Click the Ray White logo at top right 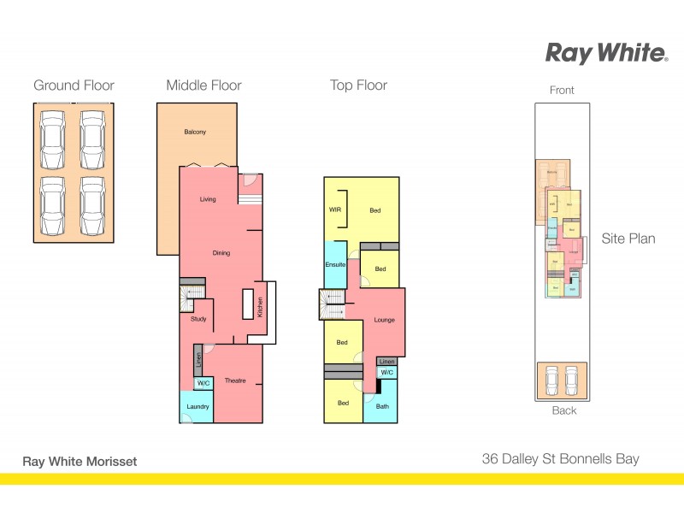(x=606, y=53)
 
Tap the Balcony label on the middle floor (x=195, y=132)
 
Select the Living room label (x=208, y=199)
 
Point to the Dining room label (x=221, y=252)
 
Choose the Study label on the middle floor (x=198, y=319)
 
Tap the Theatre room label (x=235, y=380)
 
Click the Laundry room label (x=198, y=406)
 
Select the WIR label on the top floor (x=334, y=209)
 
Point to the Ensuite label (x=335, y=265)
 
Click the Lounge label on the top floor (x=385, y=320)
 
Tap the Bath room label (x=382, y=405)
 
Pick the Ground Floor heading (x=74, y=85)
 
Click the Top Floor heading (x=359, y=85)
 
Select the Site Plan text (x=628, y=239)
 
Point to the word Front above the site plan (x=562, y=90)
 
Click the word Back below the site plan (x=563, y=410)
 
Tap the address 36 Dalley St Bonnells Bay (x=560, y=459)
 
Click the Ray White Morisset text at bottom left (x=80, y=462)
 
